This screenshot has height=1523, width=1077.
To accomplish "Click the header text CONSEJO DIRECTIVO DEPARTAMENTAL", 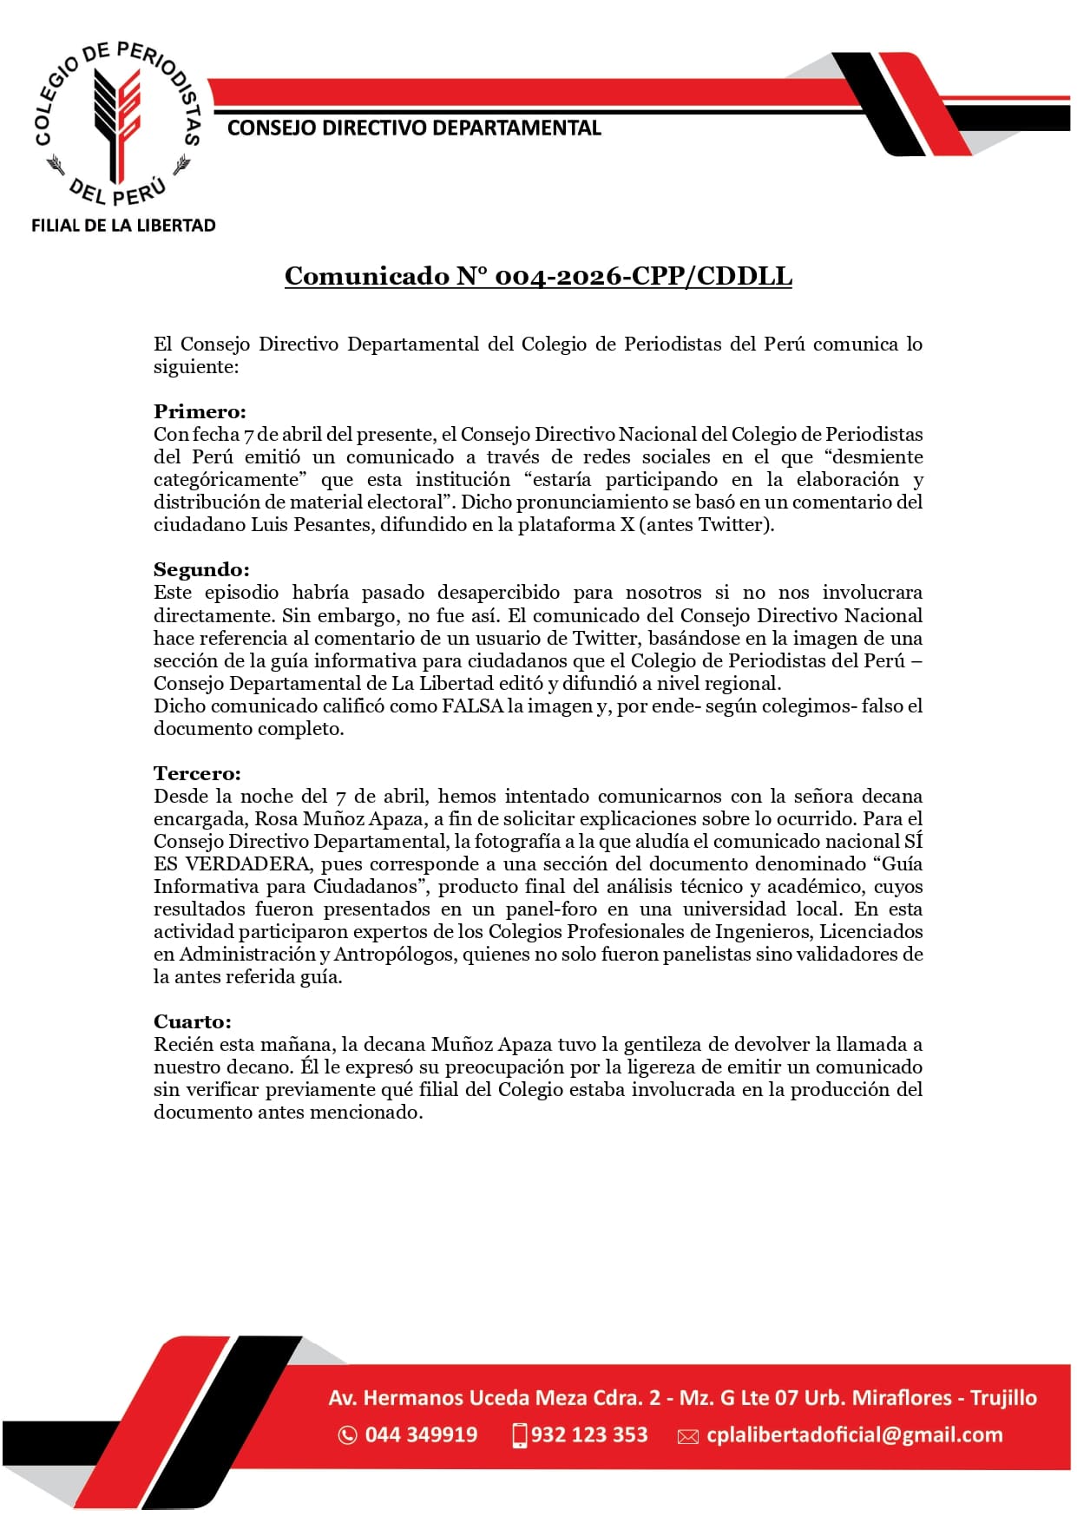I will [x=414, y=128].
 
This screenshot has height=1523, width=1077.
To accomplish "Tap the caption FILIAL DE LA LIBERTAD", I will [x=123, y=226].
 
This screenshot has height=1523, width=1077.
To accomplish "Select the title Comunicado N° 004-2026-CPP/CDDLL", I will [x=538, y=276].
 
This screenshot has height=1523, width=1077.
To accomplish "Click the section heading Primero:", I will [x=200, y=411].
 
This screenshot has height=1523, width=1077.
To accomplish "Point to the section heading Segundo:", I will [x=201, y=569].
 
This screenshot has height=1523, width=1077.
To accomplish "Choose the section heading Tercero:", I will [x=197, y=773].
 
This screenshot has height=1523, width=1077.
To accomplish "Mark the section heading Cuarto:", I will [x=193, y=1021].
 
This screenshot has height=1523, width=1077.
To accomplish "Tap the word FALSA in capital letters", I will [x=472, y=706].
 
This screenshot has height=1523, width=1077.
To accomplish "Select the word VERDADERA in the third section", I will [x=247, y=863].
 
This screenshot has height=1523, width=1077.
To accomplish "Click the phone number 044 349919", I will [x=421, y=1434].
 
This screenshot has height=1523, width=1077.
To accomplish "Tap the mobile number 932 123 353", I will [x=589, y=1434].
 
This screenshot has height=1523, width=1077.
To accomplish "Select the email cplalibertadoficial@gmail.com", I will [x=854, y=1434].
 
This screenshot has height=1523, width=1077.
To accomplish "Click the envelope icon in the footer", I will [x=688, y=1436].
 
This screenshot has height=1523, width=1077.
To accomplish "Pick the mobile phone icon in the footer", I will [x=520, y=1435].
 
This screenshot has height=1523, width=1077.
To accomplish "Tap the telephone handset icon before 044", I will [x=347, y=1435].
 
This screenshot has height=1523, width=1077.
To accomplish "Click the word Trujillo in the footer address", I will [x=1003, y=1397].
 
